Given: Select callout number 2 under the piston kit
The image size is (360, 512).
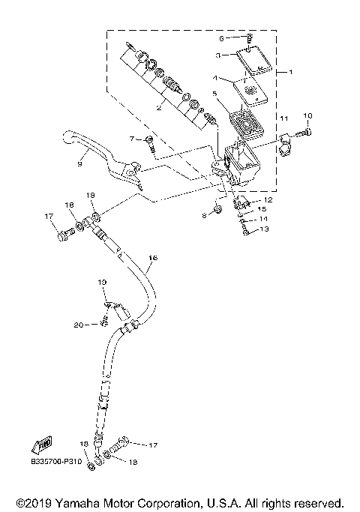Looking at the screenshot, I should tap(158, 108).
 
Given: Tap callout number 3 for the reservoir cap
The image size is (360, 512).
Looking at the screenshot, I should tap(217, 55).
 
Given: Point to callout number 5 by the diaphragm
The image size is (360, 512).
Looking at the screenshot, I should tap(214, 94).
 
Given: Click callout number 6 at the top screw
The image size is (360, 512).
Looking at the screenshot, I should tap(222, 37).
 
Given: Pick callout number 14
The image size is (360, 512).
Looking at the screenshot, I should tap(263, 219).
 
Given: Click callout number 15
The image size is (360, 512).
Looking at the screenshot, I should tap(262, 209).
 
